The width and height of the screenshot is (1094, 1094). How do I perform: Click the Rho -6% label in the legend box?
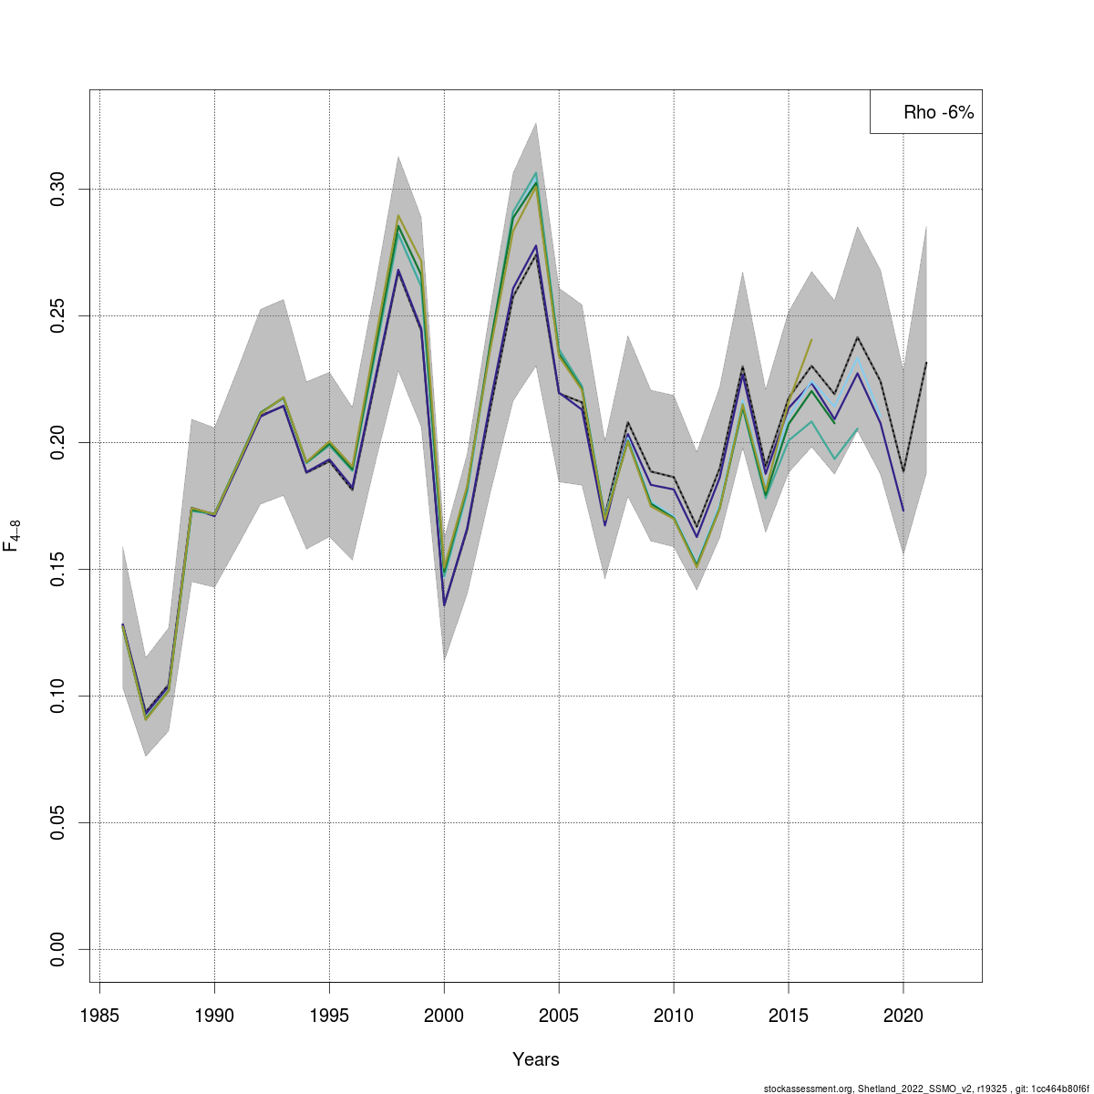click(x=938, y=113)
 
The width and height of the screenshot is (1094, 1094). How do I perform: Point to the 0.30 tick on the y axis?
click(x=58, y=190)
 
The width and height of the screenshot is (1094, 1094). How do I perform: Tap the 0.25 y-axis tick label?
click(x=58, y=316)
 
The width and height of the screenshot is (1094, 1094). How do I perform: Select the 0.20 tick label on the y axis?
click(x=58, y=443)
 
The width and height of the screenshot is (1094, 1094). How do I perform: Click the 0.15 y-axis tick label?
click(x=58, y=570)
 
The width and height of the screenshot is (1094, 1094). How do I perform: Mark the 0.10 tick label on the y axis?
click(x=58, y=697)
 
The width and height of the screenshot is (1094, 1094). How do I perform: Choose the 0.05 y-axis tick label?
click(x=58, y=823)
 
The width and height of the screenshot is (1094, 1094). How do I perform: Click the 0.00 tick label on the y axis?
click(x=58, y=950)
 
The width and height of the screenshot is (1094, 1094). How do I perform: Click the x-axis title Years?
click(x=536, y=1059)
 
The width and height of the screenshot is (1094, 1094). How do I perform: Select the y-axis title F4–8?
click(x=13, y=536)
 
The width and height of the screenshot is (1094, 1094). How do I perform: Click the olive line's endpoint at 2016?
click(x=811, y=340)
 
